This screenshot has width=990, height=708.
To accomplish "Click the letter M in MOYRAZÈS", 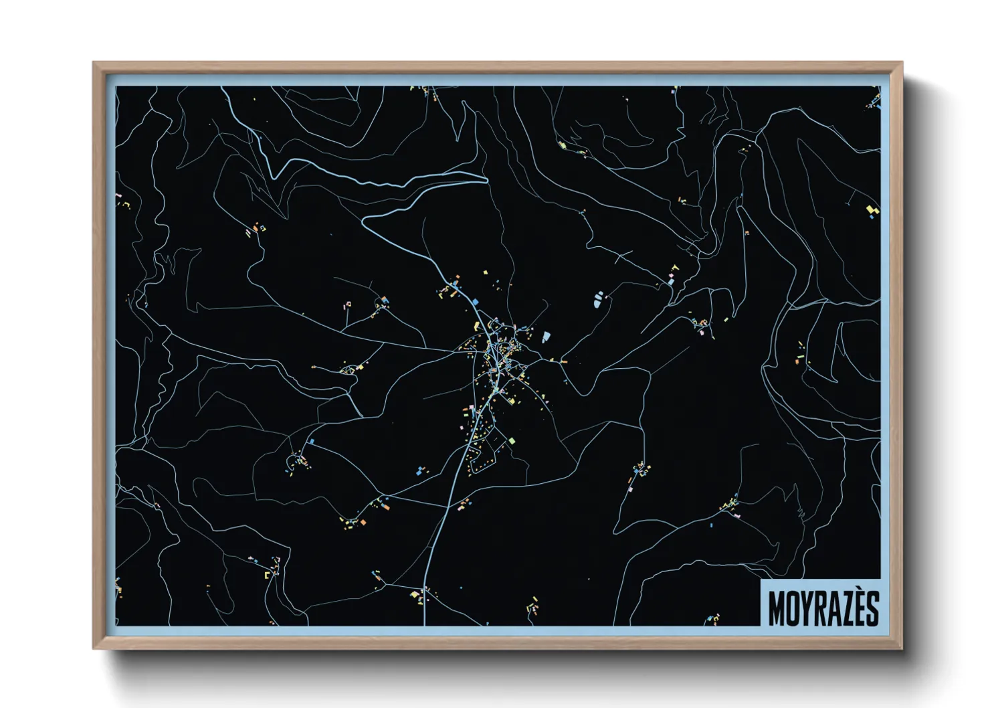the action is coord(777,608).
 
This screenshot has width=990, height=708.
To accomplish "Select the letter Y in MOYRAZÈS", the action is coord(809,608).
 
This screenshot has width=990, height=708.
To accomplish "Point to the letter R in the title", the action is coord(823,608).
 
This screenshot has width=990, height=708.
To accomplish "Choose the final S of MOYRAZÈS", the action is coord(873,608).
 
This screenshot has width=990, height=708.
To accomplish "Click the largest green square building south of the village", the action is coord(512,440).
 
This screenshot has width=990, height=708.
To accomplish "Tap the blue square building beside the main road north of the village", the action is coord(476,302).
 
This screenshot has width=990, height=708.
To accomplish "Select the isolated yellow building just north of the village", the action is coord(486,272).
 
